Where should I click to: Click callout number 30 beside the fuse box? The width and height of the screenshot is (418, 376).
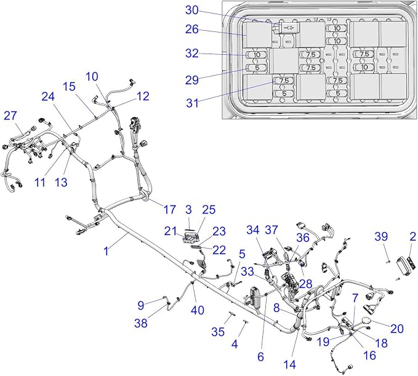pos(192,10)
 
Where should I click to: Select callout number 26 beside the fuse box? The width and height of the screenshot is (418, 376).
pos(192,30)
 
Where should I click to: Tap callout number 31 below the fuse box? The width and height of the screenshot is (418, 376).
pos(193,103)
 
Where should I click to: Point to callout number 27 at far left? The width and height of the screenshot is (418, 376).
pos(10,116)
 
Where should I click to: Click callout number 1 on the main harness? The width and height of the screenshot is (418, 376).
pos(107,251)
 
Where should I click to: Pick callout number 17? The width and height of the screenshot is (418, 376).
pos(169,209)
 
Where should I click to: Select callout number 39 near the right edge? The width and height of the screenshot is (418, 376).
pos(381,236)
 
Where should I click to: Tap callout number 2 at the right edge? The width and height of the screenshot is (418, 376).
pos(412,236)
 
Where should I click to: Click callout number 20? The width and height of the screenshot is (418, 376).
pos(397,329)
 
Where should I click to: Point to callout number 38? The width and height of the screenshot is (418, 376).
pos(141,323)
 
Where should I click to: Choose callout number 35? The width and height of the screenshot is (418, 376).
pos(218,332)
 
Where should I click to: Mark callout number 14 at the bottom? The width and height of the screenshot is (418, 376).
pos(289,364)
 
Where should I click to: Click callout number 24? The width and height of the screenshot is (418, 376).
pos(48,97)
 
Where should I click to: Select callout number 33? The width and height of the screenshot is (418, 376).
pos(247,272)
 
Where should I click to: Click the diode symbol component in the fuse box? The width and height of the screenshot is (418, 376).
pos(289,27)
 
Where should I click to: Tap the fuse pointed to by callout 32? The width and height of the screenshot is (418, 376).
pos(257,55)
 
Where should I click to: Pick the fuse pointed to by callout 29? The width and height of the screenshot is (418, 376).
pos(257,68)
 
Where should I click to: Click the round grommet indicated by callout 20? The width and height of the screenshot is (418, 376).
pos(367,321)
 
